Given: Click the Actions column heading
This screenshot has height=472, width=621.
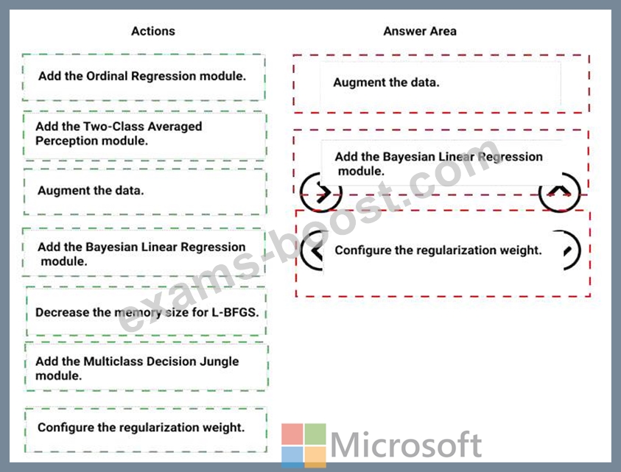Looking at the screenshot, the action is pyautogui.click(x=153, y=31).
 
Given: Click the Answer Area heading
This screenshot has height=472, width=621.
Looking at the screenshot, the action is pyautogui.click(x=420, y=31).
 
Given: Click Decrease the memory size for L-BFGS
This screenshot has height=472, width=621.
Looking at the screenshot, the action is pyautogui.click(x=147, y=312).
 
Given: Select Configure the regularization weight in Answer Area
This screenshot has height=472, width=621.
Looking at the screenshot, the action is pyautogui.click(x=438, y=250).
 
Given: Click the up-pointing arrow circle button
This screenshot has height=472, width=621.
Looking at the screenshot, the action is pyautogui.click(x=560, y=192).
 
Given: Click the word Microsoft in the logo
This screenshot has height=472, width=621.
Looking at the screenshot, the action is pyautogui.click(x=406, y=444).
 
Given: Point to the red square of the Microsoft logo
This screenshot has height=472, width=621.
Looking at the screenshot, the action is pyautogui.click(x=292, y=434).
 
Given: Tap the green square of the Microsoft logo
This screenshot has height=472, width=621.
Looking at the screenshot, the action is pyautogui.click(x=315, y=434).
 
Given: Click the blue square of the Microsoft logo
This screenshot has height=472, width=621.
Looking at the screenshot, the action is pyautogui.click(x=292, y=457).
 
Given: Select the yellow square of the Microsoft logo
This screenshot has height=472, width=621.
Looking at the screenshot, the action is pyautogui.click(x=315, y=457).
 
